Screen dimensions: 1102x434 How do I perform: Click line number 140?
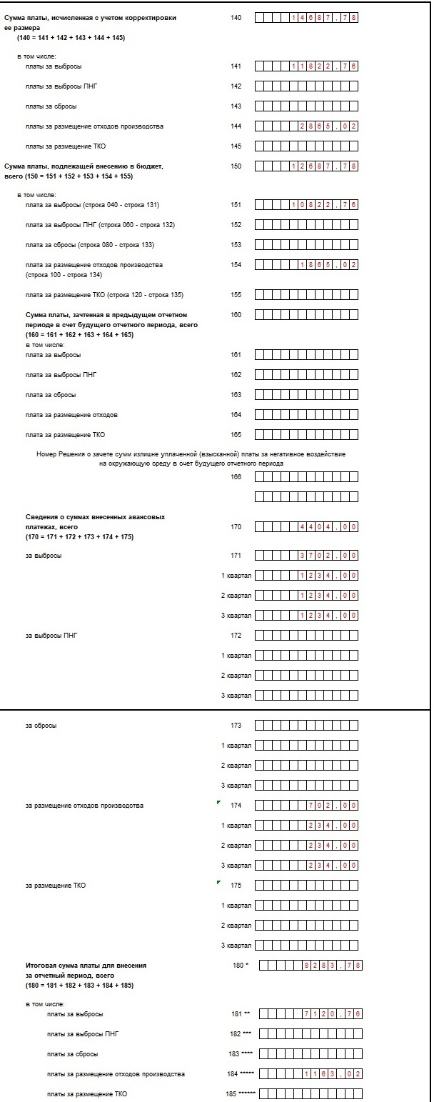tap(236, 17)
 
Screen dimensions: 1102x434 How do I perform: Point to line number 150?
tap(236, 166)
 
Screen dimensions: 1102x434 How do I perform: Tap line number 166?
tap(236, 476)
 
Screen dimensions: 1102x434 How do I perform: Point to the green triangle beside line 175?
tap(218, 883)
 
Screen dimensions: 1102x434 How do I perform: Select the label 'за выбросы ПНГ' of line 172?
tap(51, 636)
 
